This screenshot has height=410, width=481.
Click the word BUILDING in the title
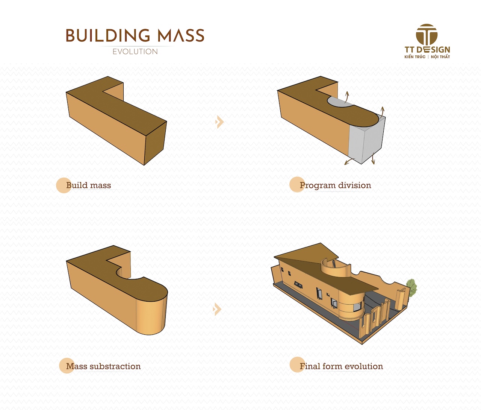coord(108,35)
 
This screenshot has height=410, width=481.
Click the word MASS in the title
coord(181,35)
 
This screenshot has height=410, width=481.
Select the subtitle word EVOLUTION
coord(135,52)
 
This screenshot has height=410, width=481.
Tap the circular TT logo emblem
coord(427,34)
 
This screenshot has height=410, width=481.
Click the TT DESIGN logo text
coord(427,50)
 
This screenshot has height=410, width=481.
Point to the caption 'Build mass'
coord(88,185)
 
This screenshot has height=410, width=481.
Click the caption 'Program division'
coord(335,185)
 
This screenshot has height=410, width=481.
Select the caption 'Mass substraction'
coord(103,366)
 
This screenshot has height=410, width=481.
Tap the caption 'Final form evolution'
coord(341,366)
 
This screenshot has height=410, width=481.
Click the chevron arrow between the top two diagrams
coord(219,121)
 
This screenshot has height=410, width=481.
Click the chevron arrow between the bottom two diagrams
coord(217,309)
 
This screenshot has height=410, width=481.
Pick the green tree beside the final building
coord(411,287)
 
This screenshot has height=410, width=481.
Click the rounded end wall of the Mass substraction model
coord(151,314)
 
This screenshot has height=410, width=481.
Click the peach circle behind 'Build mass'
coord(64,185)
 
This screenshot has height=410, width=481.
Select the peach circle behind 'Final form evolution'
coord(297,364)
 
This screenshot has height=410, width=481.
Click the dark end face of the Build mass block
coord(156,143)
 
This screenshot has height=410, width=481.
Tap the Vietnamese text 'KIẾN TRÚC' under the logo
coord(415,57)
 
